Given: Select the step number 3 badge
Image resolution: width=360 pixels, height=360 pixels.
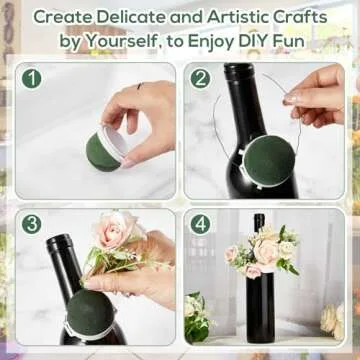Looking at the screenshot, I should click(x=32, y=225).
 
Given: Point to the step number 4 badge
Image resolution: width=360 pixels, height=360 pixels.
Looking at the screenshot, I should click(x=201, y=224).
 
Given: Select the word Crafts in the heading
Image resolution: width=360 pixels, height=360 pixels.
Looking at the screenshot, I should click(x=310, y=16).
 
